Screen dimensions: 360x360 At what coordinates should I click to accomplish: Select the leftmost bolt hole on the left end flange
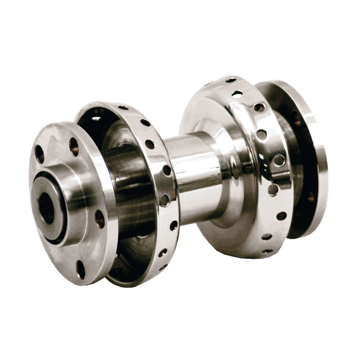39,153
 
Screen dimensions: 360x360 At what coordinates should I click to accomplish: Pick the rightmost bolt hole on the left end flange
100,219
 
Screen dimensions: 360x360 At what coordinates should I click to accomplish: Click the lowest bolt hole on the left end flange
81,269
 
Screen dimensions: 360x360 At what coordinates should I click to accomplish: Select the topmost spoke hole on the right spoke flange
232,80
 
